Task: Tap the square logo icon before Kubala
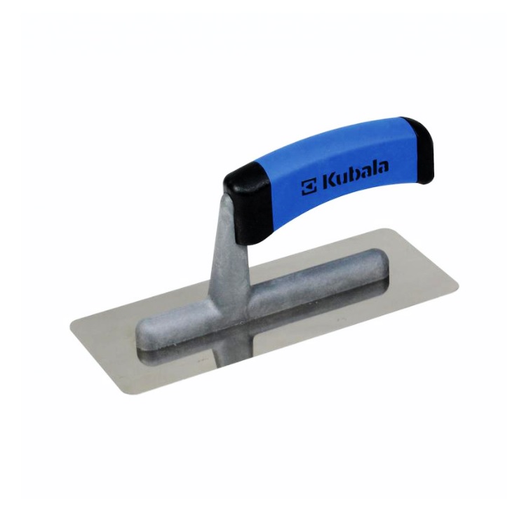click(309, 186)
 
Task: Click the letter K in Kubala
click(328, 181)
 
